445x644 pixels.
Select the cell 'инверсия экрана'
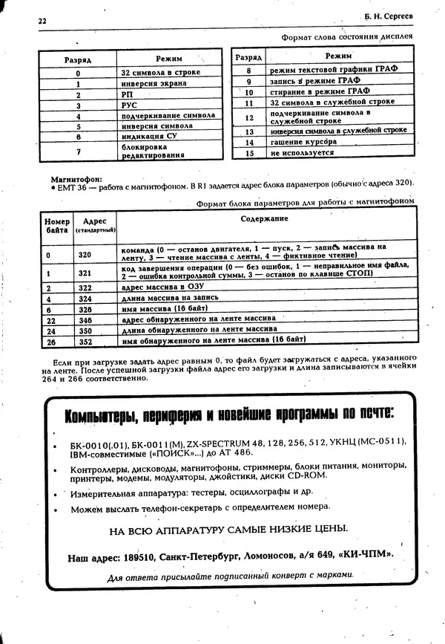154,84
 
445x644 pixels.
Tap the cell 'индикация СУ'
150,137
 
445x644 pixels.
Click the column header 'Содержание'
264,218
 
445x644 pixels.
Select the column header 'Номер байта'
56,226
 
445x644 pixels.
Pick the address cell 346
85,318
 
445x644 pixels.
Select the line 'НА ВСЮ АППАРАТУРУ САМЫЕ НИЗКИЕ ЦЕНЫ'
228,530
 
